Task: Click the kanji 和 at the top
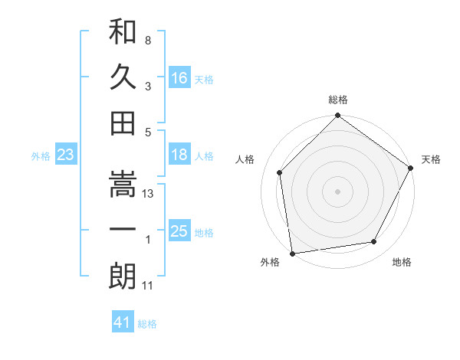pyautogui.click(x=123, y=33)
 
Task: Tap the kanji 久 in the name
pyautogui.click(x=123, y=77)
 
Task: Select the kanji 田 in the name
pyautogui.click(x=123, y=123)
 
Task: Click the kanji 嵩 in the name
pyautogui.click(x=123, y=184)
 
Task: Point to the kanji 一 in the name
pyautogui.click(x=123, y=230)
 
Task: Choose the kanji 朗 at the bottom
pyautogui.click(x=123, y=276)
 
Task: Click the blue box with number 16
pyautogui.click(x=179, y=78)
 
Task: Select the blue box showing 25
pyautogui.click(x=179, y=231)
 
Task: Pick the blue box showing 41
pyautogui.click(x=123, y=322)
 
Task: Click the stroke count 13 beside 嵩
pyautogui.click(x=149, y=194)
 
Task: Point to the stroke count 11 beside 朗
pyautogui.click(x=149, y=286)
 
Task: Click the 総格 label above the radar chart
pyautogui.click(x=338, y=100)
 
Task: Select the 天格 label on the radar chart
pyautogui.click(x=432, y=159)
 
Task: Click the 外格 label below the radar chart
pyautogui.click(x=270, y=263)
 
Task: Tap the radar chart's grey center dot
pyautogui.click(x=337, y=191)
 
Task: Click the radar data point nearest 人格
pyautogui.click(x=280, y=172)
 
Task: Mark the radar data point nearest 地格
pyautogui.click(x=374, y=241)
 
